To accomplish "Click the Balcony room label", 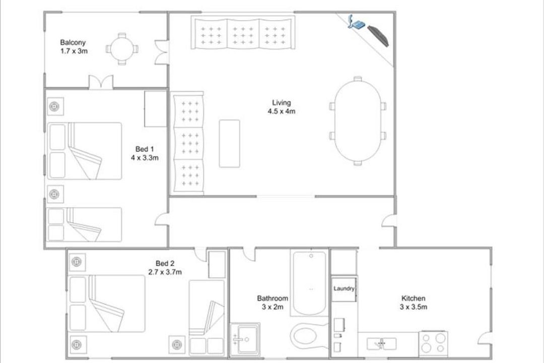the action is click(x=73, y=43).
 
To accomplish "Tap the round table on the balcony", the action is click(x=122, y=49).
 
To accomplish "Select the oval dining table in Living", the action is click(x=357, y=121).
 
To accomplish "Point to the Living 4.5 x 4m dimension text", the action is click(x=282, y=111).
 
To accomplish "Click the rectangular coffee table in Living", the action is click(x=229, y=144).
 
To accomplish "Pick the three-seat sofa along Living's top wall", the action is click(x=243, y=32).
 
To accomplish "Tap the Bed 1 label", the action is click(x=145, y=149).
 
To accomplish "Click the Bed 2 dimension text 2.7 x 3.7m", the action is click(x=165, y=272).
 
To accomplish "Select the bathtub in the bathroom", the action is click(x=309, y=283).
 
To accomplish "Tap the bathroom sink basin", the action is click(x=245, y=339).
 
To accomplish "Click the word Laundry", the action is click(x=344, y=288).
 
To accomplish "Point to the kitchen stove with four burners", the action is click(x=433, y=343).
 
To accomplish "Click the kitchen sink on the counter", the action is click(x=382, y=343).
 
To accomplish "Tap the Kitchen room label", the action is click(x=413, y=298).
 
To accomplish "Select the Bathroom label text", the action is click(x=273, y=298).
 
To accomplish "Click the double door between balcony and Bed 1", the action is click(x=101, y=82).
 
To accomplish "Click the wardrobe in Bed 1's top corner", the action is click(x=156, y=109).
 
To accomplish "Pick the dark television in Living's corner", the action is click(x=378, y=36).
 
